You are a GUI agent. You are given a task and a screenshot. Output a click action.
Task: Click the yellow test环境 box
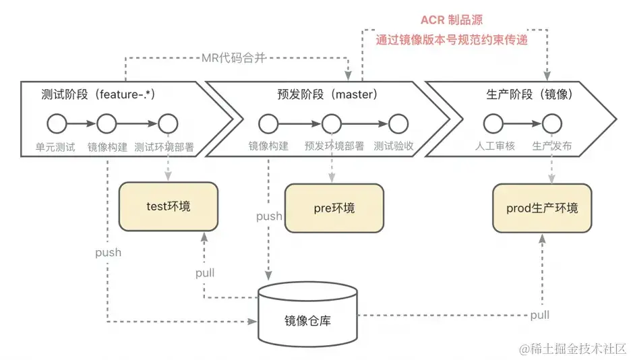coord(169,206)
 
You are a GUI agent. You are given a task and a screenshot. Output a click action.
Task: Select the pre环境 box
coord(334,207)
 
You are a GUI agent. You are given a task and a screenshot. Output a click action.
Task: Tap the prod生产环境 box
coord(541,208)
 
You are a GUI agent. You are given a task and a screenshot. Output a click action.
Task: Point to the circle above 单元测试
coord(57,123)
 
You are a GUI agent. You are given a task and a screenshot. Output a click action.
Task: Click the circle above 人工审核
coord(492,123)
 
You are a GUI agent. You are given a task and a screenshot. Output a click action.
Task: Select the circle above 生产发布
coord(551,123)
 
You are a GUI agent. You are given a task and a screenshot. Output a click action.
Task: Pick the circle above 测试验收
coord(398,123)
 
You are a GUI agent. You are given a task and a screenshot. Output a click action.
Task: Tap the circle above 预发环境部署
coord(330,123)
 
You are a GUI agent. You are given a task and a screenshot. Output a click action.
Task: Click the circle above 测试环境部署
coord(167,123)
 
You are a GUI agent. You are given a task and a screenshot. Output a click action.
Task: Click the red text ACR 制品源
coord(452,20)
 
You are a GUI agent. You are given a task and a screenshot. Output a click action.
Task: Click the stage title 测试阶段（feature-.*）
coord(98,94)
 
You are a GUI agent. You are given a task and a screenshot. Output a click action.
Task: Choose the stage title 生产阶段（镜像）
coord(529,94)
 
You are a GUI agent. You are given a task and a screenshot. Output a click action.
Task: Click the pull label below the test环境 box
coord(205,273)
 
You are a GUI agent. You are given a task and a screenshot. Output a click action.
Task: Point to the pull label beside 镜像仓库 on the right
coord(539,315)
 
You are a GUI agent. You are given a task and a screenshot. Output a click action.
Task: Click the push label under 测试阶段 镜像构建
coord(108,252)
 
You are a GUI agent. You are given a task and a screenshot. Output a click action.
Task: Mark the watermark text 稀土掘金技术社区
coord(572,348)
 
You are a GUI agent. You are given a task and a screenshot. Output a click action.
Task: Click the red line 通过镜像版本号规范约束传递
coord(452,40)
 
